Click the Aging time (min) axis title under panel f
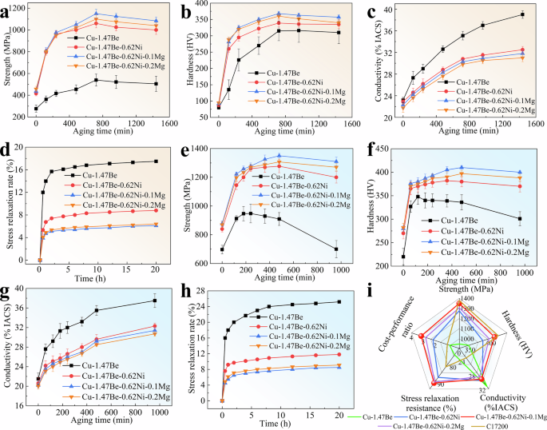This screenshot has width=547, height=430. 460,281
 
